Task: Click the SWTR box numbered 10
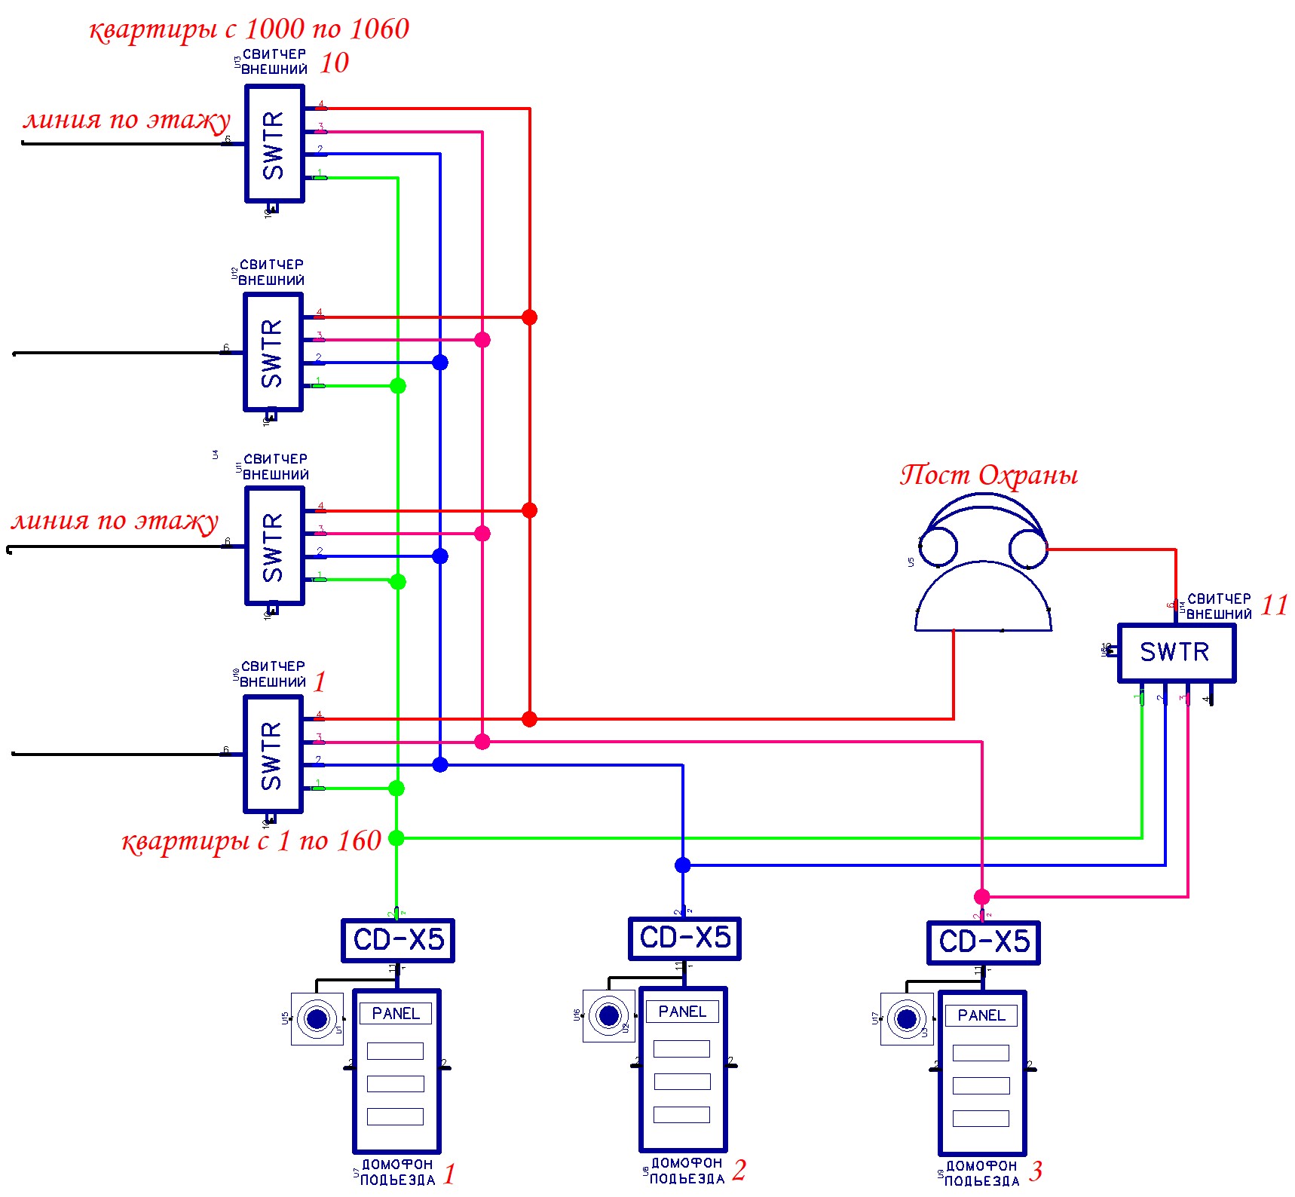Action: [x=274, y=144]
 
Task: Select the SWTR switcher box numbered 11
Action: [x=1176, y=653]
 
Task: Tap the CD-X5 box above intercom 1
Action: [x=398, y=941]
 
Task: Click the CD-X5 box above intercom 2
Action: [x=684, y=938]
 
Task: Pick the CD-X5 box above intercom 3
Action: [x=983, y=942]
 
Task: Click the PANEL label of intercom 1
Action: [x=396, y=1014]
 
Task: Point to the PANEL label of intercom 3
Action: [x=981, y=1016]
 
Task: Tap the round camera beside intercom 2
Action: [x=608, y=1016]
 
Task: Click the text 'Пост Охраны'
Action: [x=988, y=475]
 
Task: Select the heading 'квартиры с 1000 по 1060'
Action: [x=249, y=29]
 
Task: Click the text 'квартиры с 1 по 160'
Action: [x=251, y=840]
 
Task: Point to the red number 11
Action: [x=1274, y=605]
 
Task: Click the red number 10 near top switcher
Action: [x=334, y=63]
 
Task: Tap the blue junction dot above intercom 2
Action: [x=683, y=865]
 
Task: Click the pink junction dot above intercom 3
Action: [x=981, y=897]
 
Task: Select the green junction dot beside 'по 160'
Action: [x=396, y=838]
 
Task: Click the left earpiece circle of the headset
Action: [x=938, y=546]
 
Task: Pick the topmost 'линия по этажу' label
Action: [x=127, y=120]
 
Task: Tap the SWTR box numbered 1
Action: [x=273, y=755]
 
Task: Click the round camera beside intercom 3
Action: [x=906, y=1019]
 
